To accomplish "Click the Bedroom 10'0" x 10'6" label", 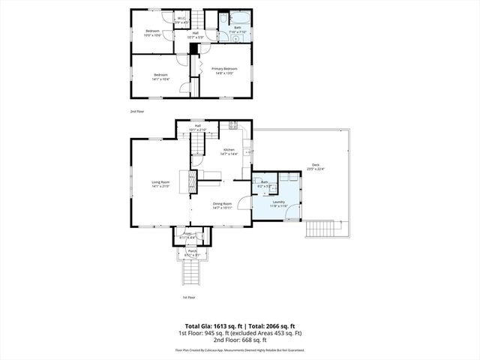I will pos(153,32).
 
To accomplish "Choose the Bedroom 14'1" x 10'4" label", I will pos(161,76).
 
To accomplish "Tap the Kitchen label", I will pos(228,151).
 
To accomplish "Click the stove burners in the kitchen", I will pos(233,124).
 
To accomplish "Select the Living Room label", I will pos(160,183).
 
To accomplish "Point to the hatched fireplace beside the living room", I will pos(193,179).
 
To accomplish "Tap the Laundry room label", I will pos(277,202).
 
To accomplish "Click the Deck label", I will pos(315,167).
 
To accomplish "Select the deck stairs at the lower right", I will pos(322,226).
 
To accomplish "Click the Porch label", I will pos(192,252).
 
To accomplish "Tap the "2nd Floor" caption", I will pos(136,111).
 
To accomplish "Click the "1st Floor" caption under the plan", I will pos(188,298).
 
